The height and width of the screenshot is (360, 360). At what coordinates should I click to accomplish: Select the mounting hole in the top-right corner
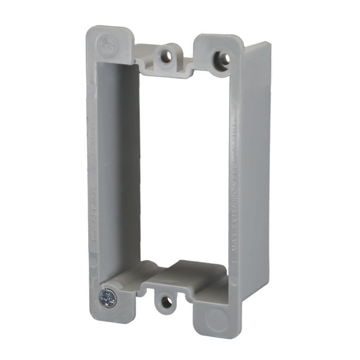pos(220,56)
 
